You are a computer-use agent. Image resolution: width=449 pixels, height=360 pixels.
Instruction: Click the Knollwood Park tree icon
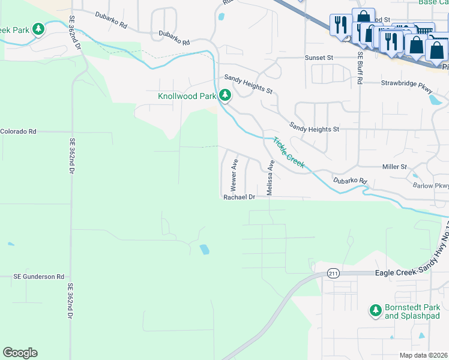(225, 95)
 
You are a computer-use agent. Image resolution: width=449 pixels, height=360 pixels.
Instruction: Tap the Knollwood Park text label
(187, 96)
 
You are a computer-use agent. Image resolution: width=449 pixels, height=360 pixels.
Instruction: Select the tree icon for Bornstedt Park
(375, 310)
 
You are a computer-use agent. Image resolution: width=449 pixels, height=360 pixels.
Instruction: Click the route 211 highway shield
(333, 274)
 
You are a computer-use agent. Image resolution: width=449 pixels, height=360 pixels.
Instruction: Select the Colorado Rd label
(18, 131)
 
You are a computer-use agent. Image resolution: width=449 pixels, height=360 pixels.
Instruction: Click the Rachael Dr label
(240, 197)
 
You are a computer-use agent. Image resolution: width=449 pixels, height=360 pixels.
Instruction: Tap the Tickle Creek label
(289, 152)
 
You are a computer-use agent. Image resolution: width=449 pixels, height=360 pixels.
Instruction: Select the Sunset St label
(318, 58)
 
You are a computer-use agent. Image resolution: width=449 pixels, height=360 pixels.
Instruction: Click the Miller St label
(394, 166)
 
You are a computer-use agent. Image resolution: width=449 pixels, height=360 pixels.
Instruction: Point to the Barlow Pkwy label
(430, 185)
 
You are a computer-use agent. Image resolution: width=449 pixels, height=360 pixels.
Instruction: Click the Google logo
(20, 353)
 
